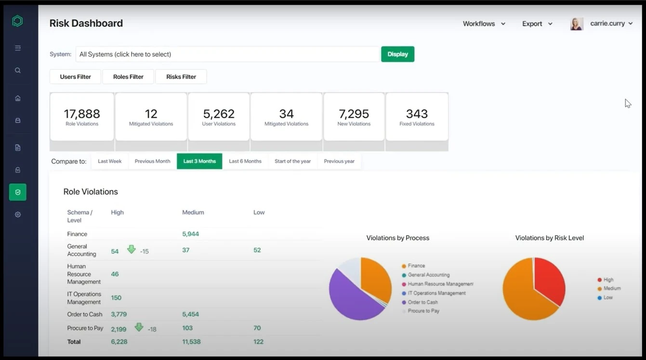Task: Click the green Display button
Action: pos(397,54)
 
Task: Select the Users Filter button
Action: pos(75,77)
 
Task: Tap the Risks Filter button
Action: pos(181,77)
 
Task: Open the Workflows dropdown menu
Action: pos(484,24)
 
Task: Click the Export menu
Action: pos(537,24)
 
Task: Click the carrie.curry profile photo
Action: pos(577,24)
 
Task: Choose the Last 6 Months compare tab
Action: pos(245,161)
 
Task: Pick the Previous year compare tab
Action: pos(339,161)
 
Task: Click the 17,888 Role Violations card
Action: pos(82,117)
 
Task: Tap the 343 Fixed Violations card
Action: pos(417,117)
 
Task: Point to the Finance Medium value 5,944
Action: pos(190,234)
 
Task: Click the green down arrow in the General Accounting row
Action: pos(131,250)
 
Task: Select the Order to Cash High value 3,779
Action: pos(119,314)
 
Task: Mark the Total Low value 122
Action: pos(258,342)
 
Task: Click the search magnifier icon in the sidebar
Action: pos(18,70)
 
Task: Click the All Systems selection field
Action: pos(227,54)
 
